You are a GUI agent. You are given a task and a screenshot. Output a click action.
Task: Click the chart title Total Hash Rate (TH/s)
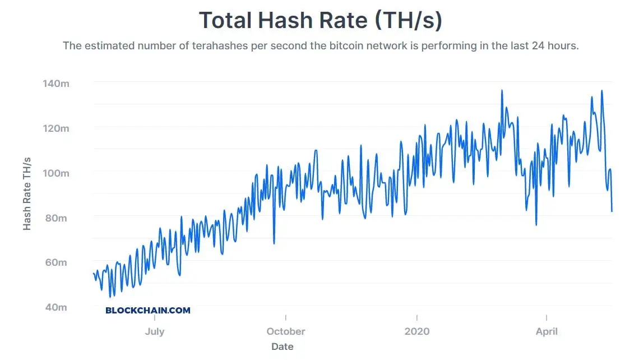click(x=321, y=21)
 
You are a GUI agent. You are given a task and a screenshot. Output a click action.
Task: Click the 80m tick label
click(x=55, y=218)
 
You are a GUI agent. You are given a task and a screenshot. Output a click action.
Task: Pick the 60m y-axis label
click(x=55, y=262)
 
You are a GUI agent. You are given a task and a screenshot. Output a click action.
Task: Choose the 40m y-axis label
click(x=55, y=307)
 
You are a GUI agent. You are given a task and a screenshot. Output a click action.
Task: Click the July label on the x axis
click(x=155, y=331)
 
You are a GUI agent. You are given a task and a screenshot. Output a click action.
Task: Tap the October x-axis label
click(x=286, y=331)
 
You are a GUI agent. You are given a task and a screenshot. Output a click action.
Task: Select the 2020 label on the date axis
click(x=417, y=331)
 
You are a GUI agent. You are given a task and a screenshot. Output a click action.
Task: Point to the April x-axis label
click(x=547, y=331)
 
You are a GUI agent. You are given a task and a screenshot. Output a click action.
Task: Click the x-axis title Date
click(x=283, y=347)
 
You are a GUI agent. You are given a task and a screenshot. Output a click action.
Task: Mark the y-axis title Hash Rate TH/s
click(x=27, y=193)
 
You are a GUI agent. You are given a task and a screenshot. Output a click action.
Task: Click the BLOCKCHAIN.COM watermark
click(x=148, y=310)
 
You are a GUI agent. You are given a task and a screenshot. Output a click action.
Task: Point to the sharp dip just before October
click(x=274, y=243)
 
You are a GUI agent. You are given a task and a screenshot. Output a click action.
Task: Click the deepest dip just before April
click(x=536, y=225)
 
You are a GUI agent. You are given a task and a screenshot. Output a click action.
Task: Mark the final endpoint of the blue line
click(x=612, y=211)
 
